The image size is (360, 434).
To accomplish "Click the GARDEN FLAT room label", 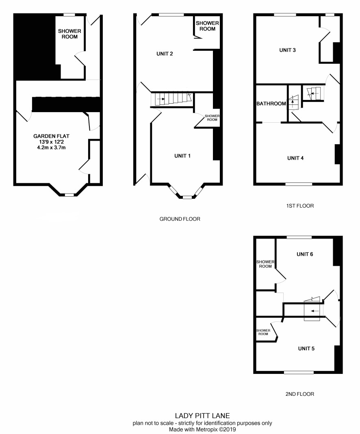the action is (51, 136).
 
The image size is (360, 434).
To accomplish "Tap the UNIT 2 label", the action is (165, 54).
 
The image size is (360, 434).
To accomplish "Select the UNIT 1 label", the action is (182, 156).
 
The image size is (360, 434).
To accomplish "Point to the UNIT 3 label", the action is (288, 50).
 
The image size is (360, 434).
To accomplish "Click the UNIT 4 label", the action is (295, 158).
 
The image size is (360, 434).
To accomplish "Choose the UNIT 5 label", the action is (306, 349).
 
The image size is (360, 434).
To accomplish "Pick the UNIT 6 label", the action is (305, 254).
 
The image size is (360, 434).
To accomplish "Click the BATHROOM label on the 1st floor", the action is (271, 104).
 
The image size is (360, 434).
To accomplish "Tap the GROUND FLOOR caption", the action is (180, 219).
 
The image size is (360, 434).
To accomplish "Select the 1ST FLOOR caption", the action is (300, 206).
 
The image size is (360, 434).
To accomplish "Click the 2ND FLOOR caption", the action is (300, 394).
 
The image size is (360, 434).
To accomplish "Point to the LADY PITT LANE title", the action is (202, 416).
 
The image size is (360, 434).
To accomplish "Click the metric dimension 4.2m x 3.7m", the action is (51, 148).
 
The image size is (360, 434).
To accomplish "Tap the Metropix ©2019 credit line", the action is (202, 430).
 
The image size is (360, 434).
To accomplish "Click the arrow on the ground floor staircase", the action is (161, 99).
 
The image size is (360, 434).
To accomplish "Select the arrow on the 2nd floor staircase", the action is (314, 311).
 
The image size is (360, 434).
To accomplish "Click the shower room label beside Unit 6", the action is (265, 264).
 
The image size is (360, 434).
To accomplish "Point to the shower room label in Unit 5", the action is (263, 332).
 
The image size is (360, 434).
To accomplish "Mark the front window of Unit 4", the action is (299, 184).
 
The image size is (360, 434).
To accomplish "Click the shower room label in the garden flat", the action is (69, 34).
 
